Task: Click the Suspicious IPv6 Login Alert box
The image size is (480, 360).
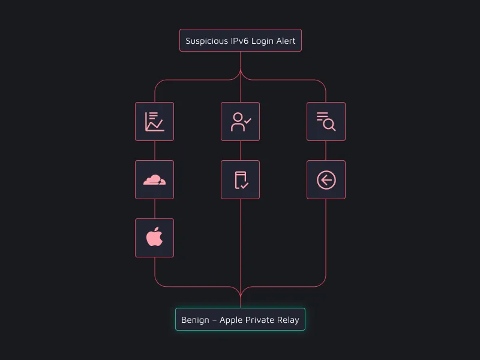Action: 241,41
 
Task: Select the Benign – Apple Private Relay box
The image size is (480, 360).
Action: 240,320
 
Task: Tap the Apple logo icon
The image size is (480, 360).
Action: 154,238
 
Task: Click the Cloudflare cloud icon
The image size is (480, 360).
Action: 154,179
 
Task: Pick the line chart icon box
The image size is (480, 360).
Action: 154,121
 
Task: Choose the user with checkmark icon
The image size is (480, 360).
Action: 240,121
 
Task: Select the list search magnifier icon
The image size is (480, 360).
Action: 326,121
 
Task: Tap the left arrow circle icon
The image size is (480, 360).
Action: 326,179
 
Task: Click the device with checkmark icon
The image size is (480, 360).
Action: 240,179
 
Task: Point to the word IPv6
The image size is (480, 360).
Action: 243,41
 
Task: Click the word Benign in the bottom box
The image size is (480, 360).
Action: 195,320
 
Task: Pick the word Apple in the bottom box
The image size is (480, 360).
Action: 232,320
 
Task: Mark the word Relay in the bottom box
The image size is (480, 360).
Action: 289,320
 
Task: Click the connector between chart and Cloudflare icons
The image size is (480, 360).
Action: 154,151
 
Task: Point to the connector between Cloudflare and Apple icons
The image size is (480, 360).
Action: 154,209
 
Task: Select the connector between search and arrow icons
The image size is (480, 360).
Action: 326,151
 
